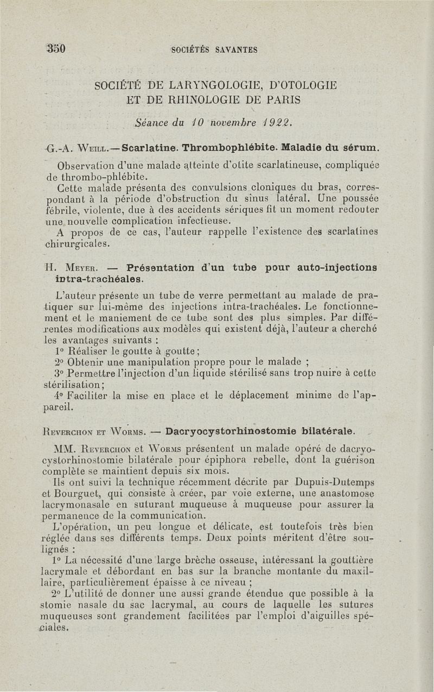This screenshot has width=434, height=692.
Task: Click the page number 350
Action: pyautogui.click(x=56, y=48)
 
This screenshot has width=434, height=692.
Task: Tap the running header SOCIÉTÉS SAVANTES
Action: pyautogui.click(x=214, y=50)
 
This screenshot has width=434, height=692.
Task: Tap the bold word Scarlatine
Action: pyautogui.click(x=150, y=147)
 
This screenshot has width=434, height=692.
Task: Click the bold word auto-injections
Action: pyautogui.click(x=337, y=267)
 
